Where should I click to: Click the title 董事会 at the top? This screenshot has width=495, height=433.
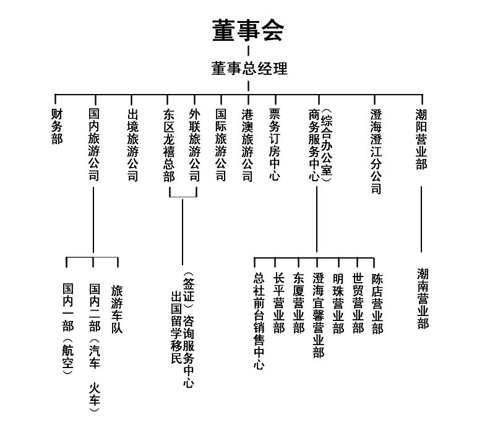point(248,30)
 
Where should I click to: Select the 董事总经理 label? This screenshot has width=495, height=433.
point(249,69)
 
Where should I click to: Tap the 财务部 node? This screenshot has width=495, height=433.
point(57,127)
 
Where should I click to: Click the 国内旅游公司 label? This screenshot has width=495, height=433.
point(94,145)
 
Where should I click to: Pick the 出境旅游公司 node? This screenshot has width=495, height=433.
point(133,145)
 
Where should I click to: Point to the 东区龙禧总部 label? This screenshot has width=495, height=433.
point(169,145)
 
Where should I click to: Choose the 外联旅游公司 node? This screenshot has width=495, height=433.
point(195,145)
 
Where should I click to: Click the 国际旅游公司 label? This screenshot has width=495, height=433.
point(221,145)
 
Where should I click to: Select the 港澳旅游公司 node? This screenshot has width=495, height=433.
point(247,145)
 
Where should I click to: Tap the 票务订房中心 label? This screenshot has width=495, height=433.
point(275,145)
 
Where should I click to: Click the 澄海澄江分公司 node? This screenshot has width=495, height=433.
point(376,152)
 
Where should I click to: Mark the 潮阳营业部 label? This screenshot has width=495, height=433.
point(421,139)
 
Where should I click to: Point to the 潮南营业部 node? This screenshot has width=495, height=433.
point(423,299)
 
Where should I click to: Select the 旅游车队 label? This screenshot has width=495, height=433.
point(117,309)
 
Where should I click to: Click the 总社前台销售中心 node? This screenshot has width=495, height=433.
point(259,321)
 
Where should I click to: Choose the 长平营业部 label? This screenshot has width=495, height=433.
point(279,303)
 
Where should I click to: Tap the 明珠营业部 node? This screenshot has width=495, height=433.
point(338,304)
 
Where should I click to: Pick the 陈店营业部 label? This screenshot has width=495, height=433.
point(377,304)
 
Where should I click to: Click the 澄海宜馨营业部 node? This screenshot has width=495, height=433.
point(319,315)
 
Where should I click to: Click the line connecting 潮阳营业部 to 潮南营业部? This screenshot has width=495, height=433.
point(421,219)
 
